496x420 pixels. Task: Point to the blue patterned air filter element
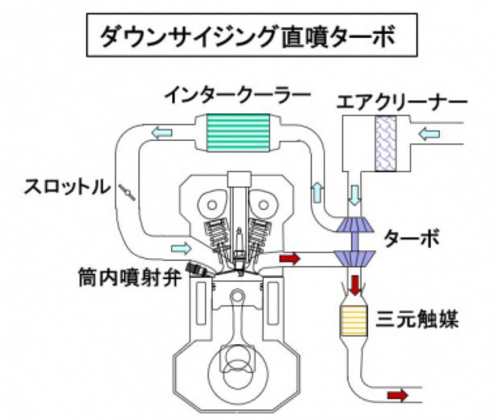[386, 143]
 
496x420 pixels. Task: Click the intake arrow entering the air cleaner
[430, 133]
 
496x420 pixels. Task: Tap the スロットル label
[67, 187]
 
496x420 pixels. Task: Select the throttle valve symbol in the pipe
[127, 192]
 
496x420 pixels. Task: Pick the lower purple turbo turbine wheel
[355, 259]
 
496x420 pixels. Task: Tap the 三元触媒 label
[417, 319]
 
